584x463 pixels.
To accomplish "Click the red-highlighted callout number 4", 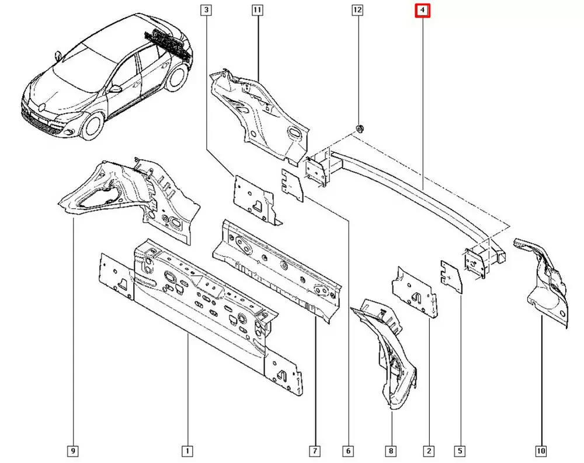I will pyautogui.click(x=422, y=10).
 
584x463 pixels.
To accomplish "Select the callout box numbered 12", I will pyautogui.click(x=357, y=10).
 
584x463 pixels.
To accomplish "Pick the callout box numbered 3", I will pyautogui.click(x=206, y=10).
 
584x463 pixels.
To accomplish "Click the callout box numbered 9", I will pyautogui.click(x=73, y=451).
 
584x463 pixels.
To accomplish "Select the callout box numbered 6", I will pyautogui.click(x=348, y=451).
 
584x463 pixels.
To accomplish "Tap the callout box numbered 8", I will pyautogui.click(x=390, y=451).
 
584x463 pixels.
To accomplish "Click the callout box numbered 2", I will pyautogui.click(x=429, y=451).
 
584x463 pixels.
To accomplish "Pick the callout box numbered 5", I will pyautogui.click(x=461, y=451).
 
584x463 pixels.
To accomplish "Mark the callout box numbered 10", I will pyautogui.click(x=540, y=451).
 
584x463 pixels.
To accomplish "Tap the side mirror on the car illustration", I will pyautogui.click(x=116, y=89).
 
